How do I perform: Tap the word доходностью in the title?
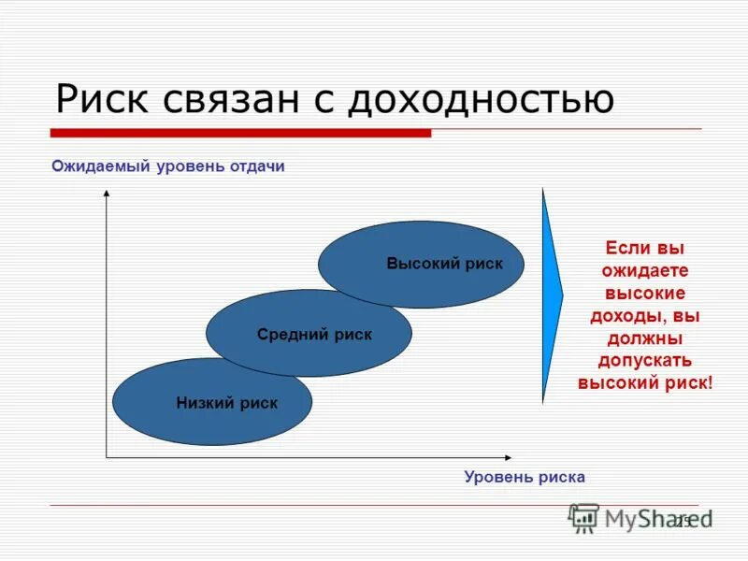click(x=471, y=98)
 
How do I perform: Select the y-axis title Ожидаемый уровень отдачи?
click(x=167, y=166)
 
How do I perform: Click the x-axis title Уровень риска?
click(x=525, y=477)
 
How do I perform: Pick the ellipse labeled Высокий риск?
click(x=421, y=265)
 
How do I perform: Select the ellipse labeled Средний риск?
click(x=309, y=334)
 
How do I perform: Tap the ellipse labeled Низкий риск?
click(x=212, y=403)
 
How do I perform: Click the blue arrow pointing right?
click(x=552, y=295)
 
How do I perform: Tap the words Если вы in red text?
click(x=645, y=250)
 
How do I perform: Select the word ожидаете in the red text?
click(x=645, y=271)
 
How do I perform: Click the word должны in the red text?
click(x=645, y=338)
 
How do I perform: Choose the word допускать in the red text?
click(x=645, y=360)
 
